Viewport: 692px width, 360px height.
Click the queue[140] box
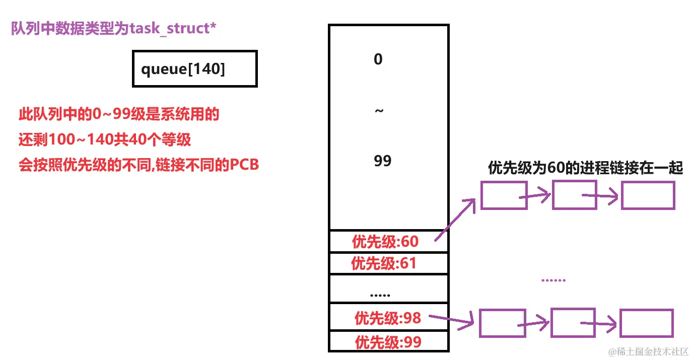point(194,68)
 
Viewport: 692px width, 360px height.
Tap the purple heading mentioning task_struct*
point(114,28)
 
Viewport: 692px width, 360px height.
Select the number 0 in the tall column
point(378,59)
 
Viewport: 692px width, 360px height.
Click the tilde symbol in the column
point(379,110)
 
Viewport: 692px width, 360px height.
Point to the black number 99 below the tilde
point(383,161)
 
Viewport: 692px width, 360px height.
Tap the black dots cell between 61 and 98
point(380,294)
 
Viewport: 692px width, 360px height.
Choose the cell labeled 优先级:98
point(388,318)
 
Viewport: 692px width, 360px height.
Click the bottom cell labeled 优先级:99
point(388,342)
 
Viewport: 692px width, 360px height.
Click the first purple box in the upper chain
point(504,195)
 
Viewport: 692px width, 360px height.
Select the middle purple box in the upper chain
point(575,195)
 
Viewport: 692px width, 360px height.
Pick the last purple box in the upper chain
point(648,195)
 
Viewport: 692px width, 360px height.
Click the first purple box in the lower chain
point(502,323)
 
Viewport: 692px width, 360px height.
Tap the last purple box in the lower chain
point(646,323)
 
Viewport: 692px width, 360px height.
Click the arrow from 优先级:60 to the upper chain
point(455,220)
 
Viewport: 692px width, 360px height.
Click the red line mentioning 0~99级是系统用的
point(119,115)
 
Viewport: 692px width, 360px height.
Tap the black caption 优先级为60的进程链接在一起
point(585,168)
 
